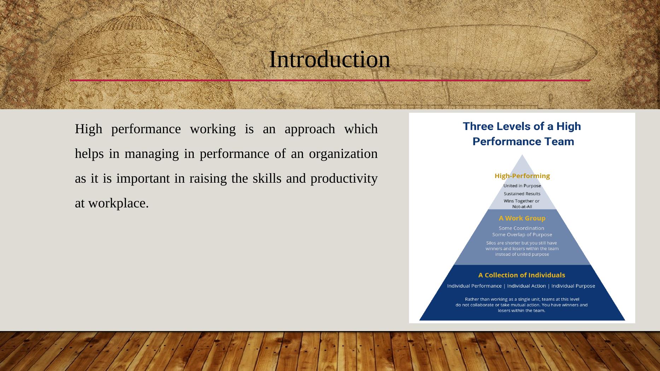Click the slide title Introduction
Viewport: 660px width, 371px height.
pyautogui.click(x=329, y=59)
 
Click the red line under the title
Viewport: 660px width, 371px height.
pyautogui.click(x=330, y=81)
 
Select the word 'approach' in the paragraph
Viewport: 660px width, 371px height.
pyautogui.click(x=310, y=129)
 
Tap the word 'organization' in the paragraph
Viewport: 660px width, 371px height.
pyautogui.click(x=343, y=154)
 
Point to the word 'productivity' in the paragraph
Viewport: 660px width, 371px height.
pyautogui.click(x=344, y=179)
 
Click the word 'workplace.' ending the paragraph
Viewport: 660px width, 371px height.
pyautogui.click(x=118, y=204)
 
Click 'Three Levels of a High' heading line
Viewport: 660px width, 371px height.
pyautogui.click(x=522, y=126)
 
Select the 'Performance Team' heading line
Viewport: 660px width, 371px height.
pyautogui.click(x=523, y=142)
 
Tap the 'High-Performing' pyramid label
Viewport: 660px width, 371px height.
pyautogui.click(x=522, y=176)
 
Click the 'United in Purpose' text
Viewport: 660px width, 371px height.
pyautogui.click(x=522, y=186)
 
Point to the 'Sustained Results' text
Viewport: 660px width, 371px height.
pyautogui.click(x=522, y=194)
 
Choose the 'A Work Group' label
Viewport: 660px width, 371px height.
pyautogui.click(x=522, y=218)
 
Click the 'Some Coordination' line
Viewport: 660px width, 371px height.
pyautogui.click(x=521, y=228)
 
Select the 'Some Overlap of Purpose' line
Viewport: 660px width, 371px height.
pyautogui.click(x=522, y=235)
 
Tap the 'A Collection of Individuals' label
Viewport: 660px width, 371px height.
pyautogui.click(x=522, y=275)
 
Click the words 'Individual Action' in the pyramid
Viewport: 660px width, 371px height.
pyautogui.click(x=526, y=286)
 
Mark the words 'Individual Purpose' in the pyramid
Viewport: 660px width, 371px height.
pyautogui.click(x=573, y=286)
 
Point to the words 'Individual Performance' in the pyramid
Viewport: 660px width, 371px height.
pyautogui.click(x=474, y=286)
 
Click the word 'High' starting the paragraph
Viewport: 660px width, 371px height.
pyautogui.click(x=88, y=129)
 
